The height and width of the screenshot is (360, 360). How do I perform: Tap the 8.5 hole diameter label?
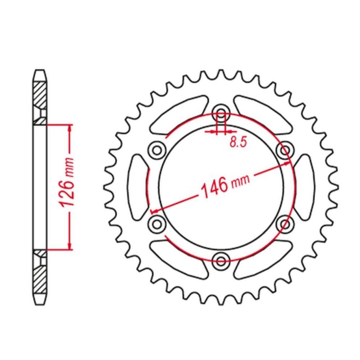point(238,143)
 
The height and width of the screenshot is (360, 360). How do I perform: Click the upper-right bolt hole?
point(284,149)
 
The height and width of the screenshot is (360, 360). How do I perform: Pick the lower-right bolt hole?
point(284,222)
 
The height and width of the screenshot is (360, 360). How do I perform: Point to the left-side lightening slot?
point(138,185)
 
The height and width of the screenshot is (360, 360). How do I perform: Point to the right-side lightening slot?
point(305,185)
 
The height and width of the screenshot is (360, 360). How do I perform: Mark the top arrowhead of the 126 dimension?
point(69,128)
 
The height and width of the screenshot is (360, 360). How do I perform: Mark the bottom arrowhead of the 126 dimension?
point(69,245)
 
